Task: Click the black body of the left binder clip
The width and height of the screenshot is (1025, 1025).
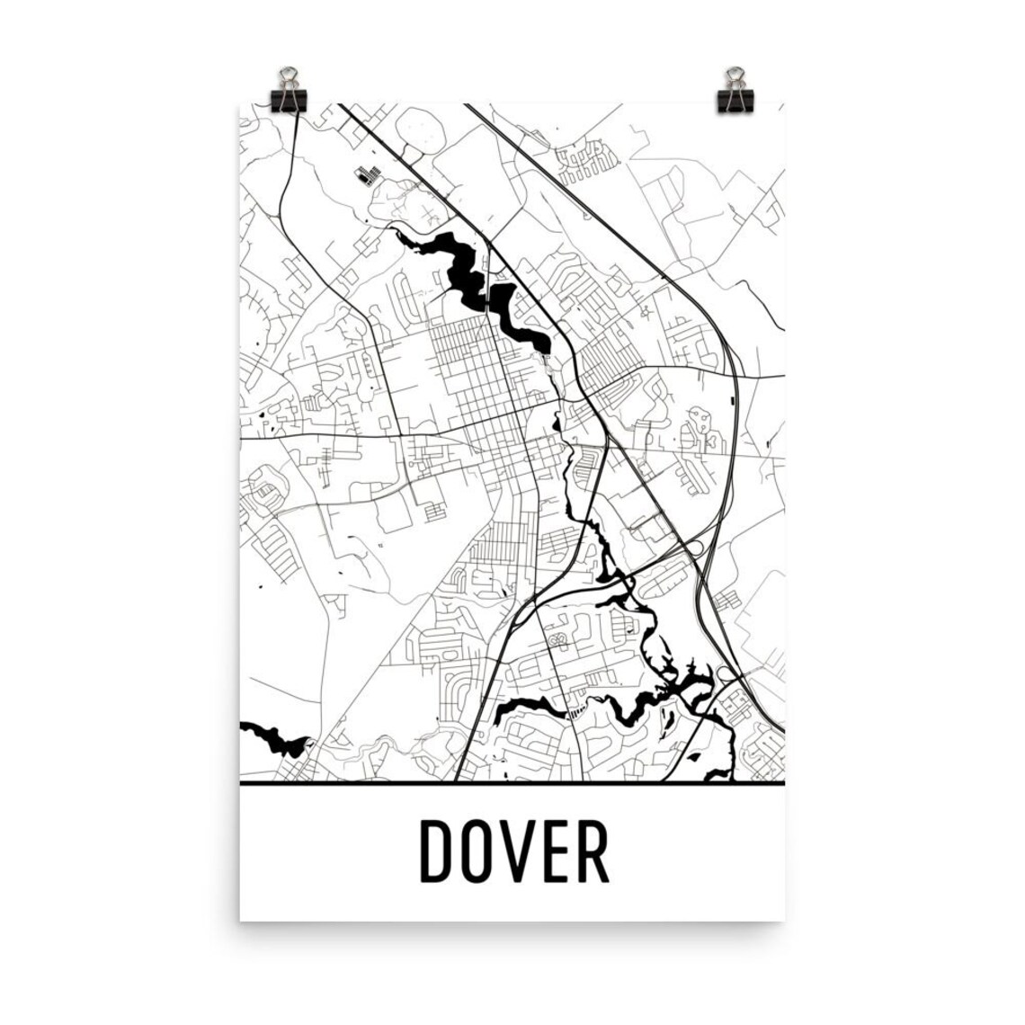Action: point(289,100)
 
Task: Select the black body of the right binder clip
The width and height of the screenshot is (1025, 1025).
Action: point(735,100)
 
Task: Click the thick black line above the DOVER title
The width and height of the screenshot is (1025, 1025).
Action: point(512,783)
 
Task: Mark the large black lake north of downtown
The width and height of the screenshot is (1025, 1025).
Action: point(468,270)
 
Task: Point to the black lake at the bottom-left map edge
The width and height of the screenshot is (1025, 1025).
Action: point(270,737)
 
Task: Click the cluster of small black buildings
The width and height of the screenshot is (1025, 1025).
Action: point(366,175)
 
